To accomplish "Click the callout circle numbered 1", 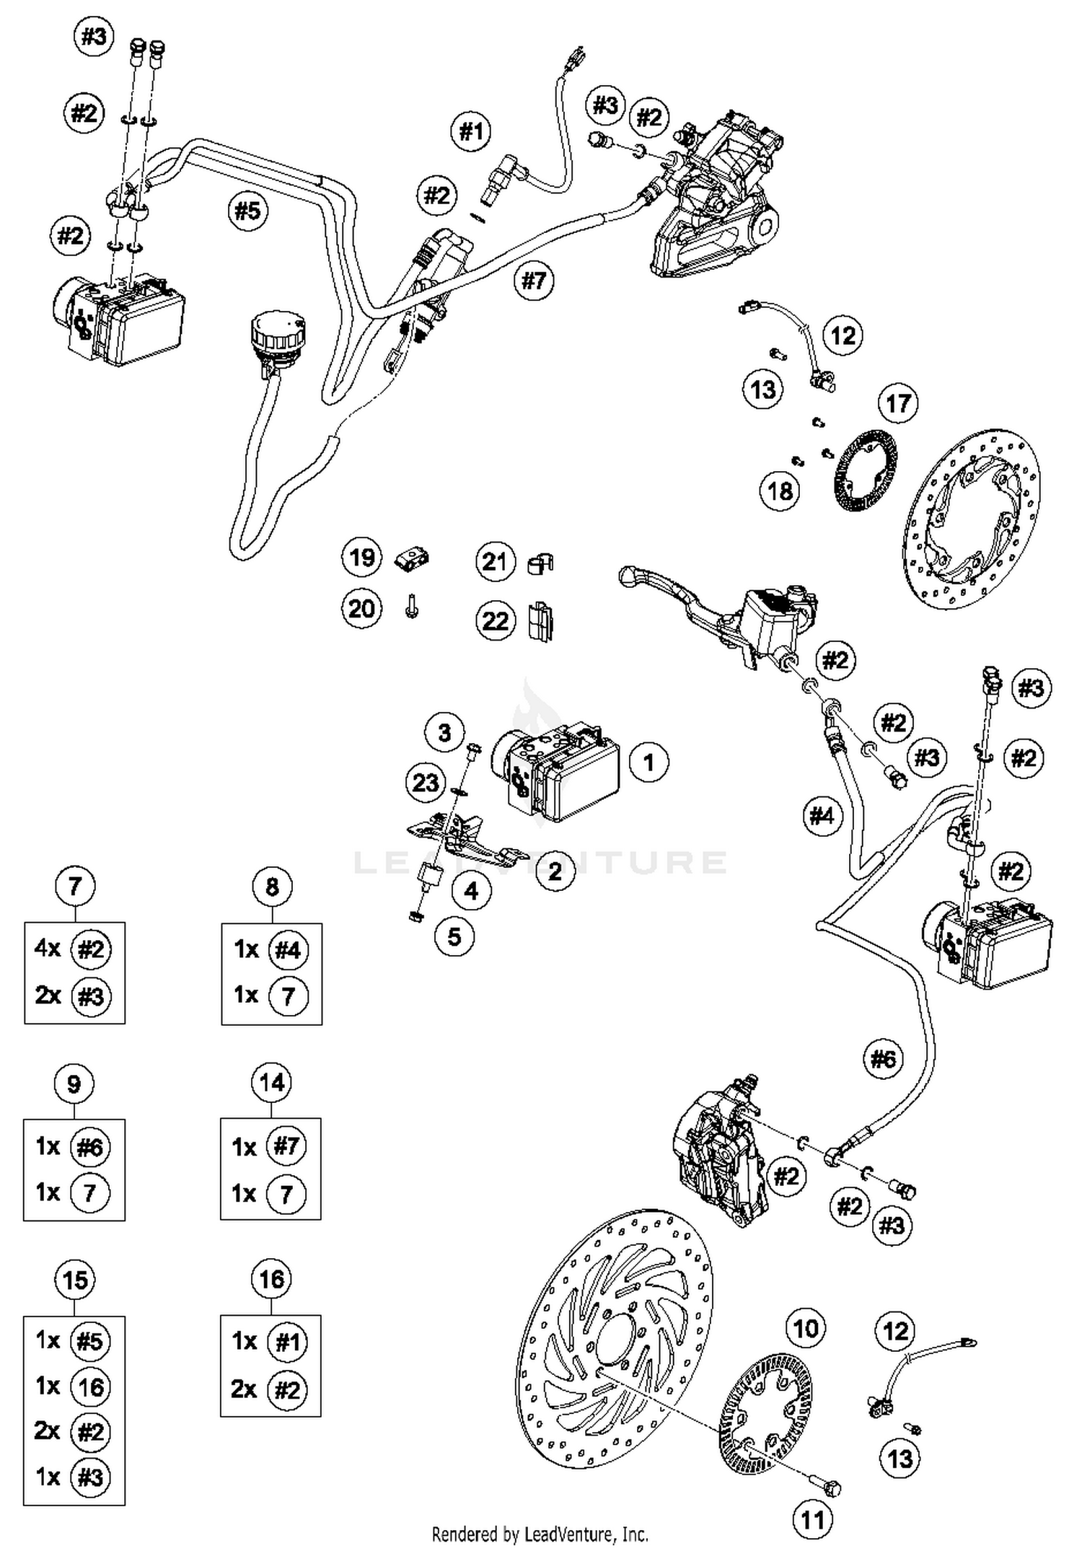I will click(x=648, y=763).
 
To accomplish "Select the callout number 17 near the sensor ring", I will click(x=898, y=403).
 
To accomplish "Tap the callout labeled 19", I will click(x=361, y=558).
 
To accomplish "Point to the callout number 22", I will click(x=496, y=621).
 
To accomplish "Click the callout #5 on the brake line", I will click(x=247, y=211).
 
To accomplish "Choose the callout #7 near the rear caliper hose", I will click(x=535, y=280).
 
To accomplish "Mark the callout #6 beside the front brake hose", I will click(x=884, y=1059).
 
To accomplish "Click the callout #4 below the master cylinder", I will click(x=822, y=816).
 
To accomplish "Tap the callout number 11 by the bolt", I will click(x=813, y=1521).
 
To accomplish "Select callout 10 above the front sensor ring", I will click(x=806, y=1328).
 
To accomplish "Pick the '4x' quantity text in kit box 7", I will click(x=48, y=949).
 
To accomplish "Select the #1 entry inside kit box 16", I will click(x=287, y=1342).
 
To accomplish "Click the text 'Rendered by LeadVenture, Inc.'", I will click(x=540, y=1534).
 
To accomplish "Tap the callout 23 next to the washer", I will click(x=426, y=782).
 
